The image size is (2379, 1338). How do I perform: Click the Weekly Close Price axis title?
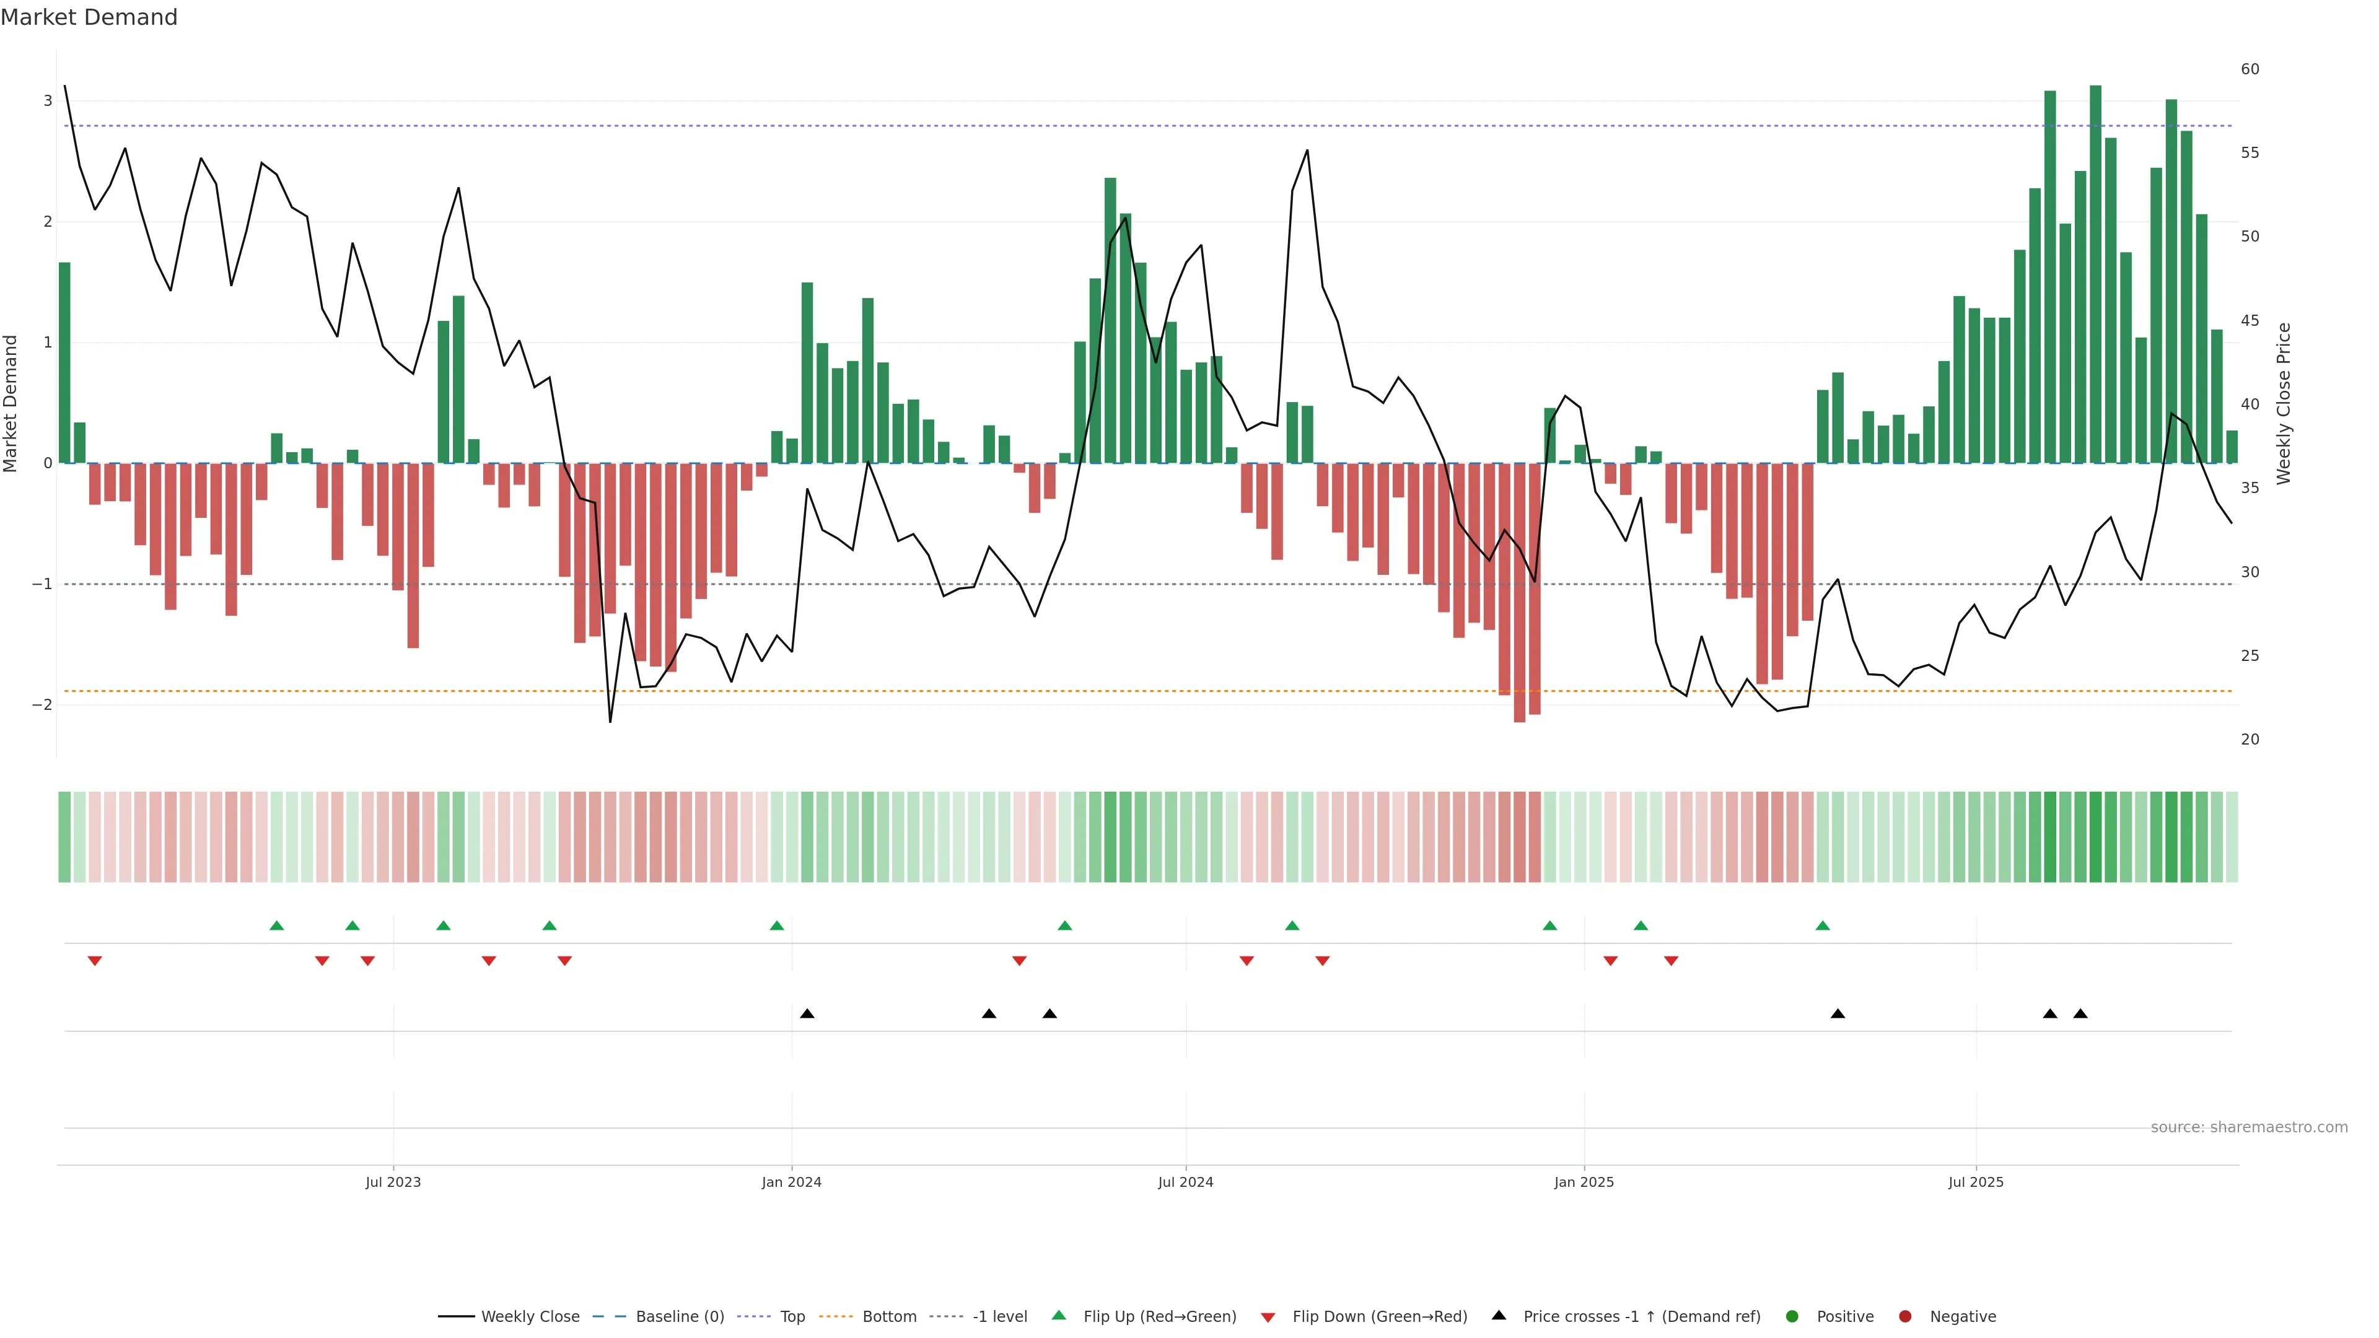click(x=2283, y=403)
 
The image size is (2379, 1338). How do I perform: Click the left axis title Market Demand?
click(x=11, y=403)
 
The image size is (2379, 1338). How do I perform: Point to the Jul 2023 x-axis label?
click(x=393, y=1182)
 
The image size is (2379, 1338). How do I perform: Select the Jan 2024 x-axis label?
click(x=792, y=1182)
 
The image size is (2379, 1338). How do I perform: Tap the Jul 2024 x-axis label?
click(x=1185, y=1182)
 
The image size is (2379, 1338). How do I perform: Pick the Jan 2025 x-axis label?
click(x=1584, y=1182)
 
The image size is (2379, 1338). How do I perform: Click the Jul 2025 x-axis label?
click(x=1976, y=1182)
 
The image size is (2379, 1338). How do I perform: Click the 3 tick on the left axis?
click(x=47, y=100)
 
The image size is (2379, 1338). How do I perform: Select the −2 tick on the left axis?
click(x=43, y=704)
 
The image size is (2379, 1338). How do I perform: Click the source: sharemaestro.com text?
click(x=2249, y=1127)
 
